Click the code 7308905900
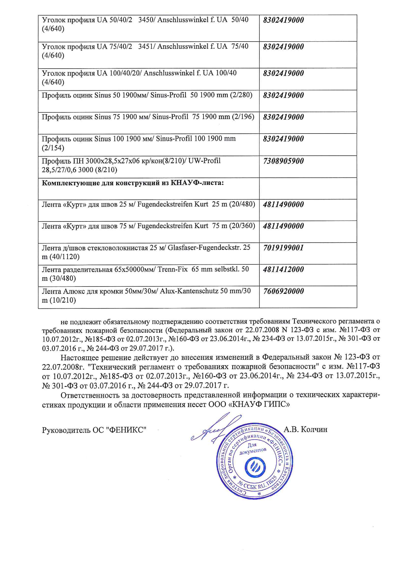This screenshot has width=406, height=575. pyautogui.click(x=283, y=161)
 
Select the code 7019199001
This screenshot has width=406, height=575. pyautogui.click(x=283, y=248)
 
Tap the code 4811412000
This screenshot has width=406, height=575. pyautogui.click(x=283, y=270)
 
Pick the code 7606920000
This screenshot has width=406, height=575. pyautogui.click(x=283, y=291)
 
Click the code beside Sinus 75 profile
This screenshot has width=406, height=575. pyautogui.click(x=283, y=117)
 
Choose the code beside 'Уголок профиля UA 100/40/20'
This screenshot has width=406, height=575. pyautogui.click(x=283, y=73)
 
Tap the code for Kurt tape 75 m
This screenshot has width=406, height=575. pyautogui.click(x=283, y=226)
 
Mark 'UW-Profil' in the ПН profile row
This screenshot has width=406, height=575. pyautogui.click(x=204, y=161)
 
